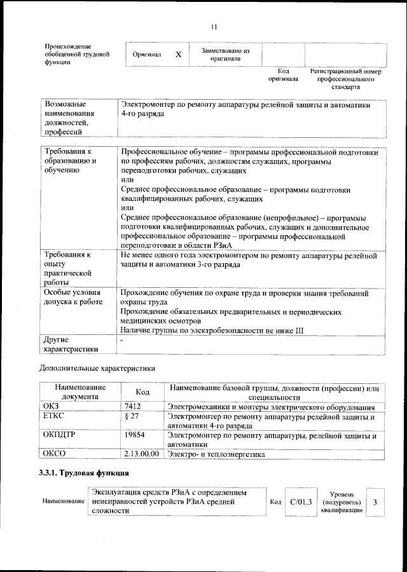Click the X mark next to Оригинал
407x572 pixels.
[179, 55]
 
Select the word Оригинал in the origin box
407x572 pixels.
[147, 55]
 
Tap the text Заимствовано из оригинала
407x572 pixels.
[225, 54]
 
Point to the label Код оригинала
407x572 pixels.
[283, 75]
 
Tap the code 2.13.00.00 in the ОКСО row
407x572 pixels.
[140, 455]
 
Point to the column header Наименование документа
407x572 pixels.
[79, 392]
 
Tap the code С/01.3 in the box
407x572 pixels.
[300, 502]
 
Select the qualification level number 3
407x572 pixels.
[375, 503]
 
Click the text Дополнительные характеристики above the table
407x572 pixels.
[97, 368]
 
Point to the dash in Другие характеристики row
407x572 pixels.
[121, 342]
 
